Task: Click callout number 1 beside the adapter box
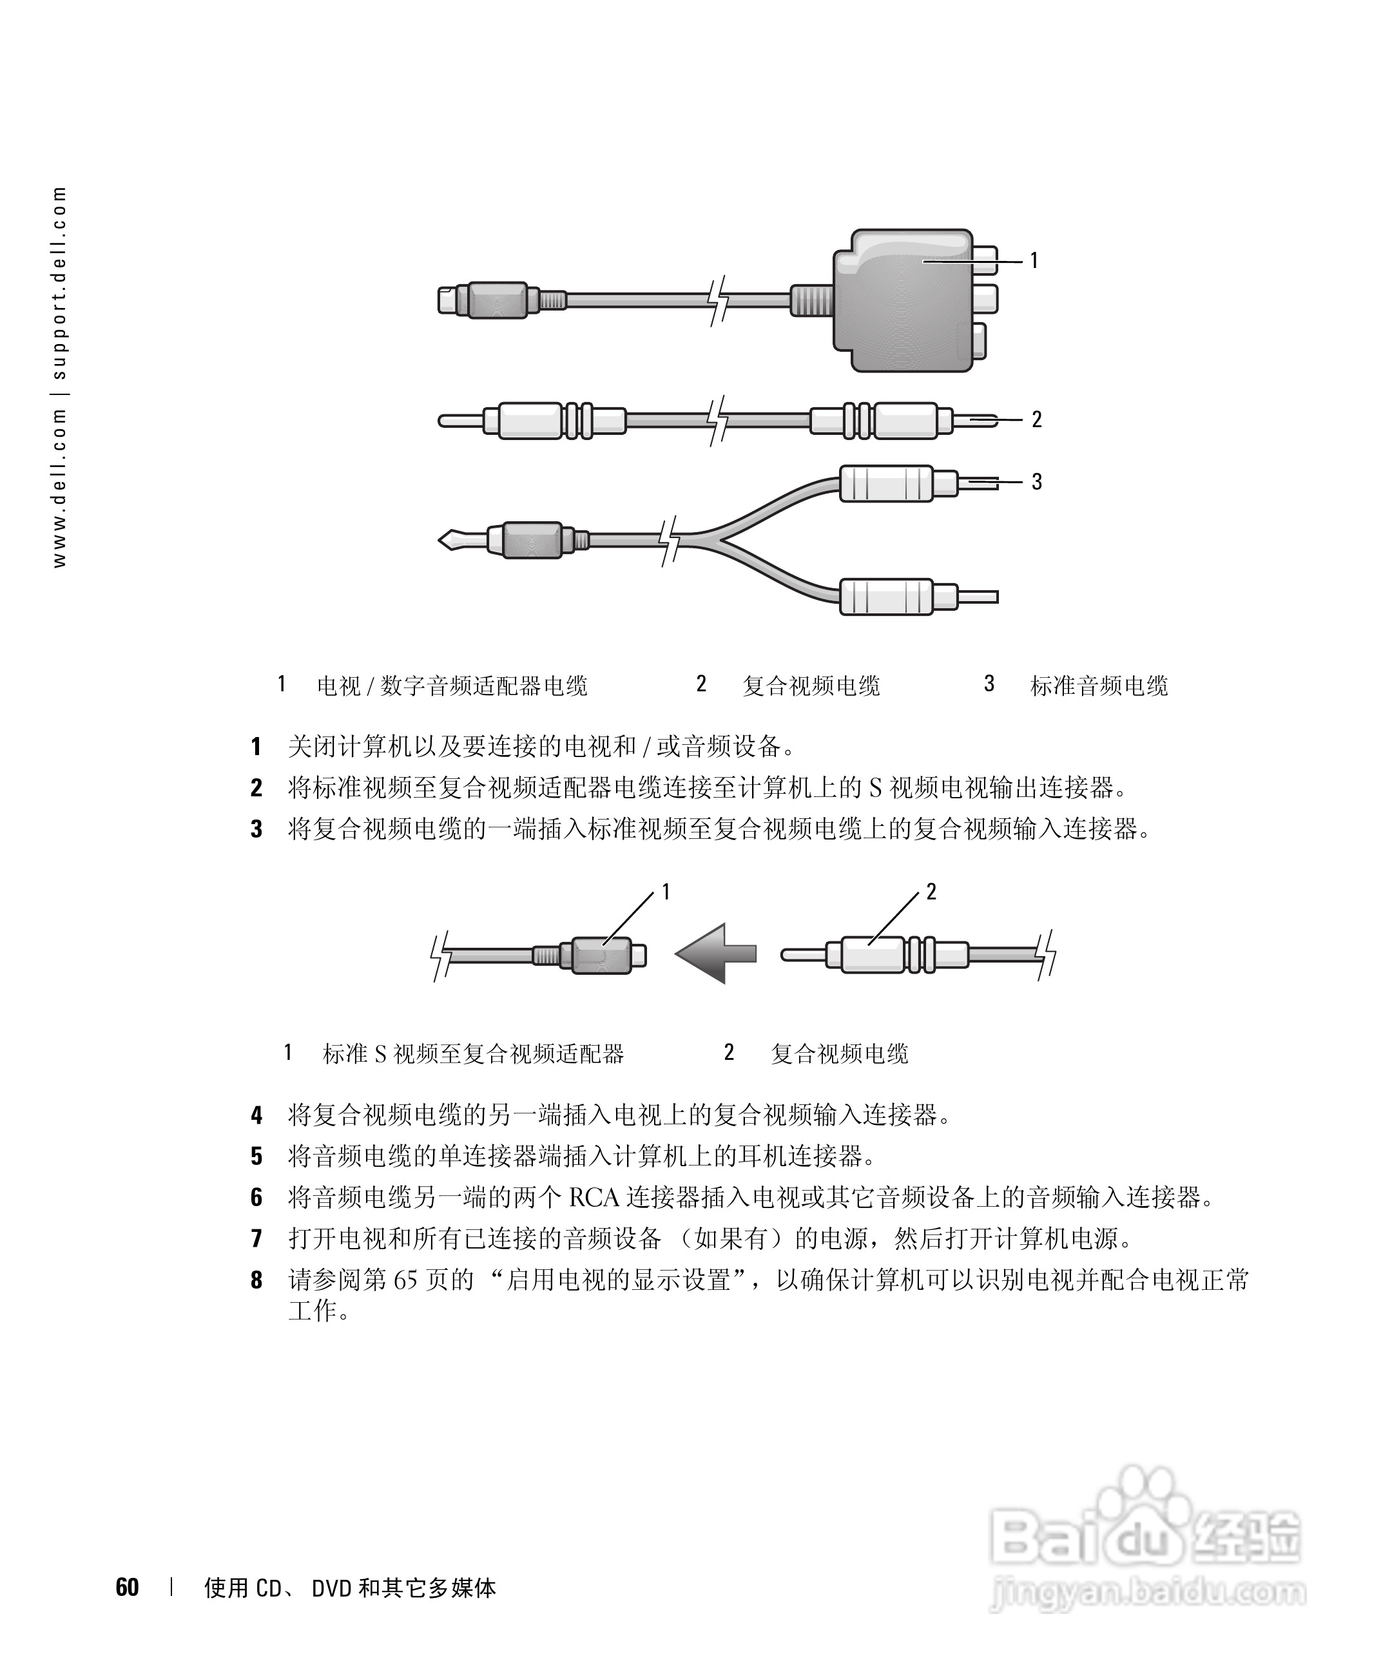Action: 1034,260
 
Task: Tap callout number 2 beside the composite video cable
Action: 1036,419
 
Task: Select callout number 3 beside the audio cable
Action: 1036,481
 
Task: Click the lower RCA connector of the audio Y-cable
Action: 886,597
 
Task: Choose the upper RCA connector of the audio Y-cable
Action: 886,483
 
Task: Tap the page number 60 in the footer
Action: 127,1588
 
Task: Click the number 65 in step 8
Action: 405,1280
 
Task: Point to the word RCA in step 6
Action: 594,1198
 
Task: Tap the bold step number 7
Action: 256,1239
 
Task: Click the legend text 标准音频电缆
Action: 1099,686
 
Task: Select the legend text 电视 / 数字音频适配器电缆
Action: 452,686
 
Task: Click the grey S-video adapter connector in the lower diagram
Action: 602,954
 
